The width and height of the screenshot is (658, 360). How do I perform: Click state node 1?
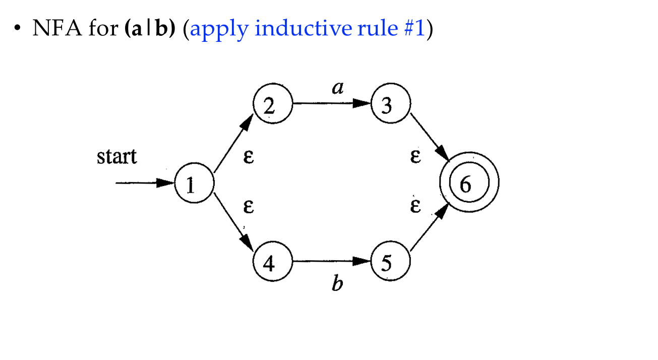coord(195,183)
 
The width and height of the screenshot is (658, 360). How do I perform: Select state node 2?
coord(273,103)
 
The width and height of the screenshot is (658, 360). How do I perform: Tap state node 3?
coord(391,103)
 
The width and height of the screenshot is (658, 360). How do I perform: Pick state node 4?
coord(273,261)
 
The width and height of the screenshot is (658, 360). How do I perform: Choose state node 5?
coord(391,261)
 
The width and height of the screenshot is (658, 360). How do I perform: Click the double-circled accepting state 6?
coord(469,182)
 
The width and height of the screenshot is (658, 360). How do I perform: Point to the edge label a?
coord(338,88)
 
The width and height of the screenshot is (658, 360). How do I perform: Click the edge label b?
coord(337,283)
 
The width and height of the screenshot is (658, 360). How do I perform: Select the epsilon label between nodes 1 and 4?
coord(249,206)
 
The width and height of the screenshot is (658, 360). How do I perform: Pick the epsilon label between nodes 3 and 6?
coord(415,156)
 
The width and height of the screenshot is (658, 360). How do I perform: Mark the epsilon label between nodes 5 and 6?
coord(415,206)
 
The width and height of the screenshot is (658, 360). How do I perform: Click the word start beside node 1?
coord(116,156)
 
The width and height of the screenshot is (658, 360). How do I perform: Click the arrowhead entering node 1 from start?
coord(165,183)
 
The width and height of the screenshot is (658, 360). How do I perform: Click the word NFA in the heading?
coord(57,28)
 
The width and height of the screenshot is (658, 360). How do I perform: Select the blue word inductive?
coord(303,28)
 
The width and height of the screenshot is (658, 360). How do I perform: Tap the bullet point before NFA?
coord(17,28)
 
